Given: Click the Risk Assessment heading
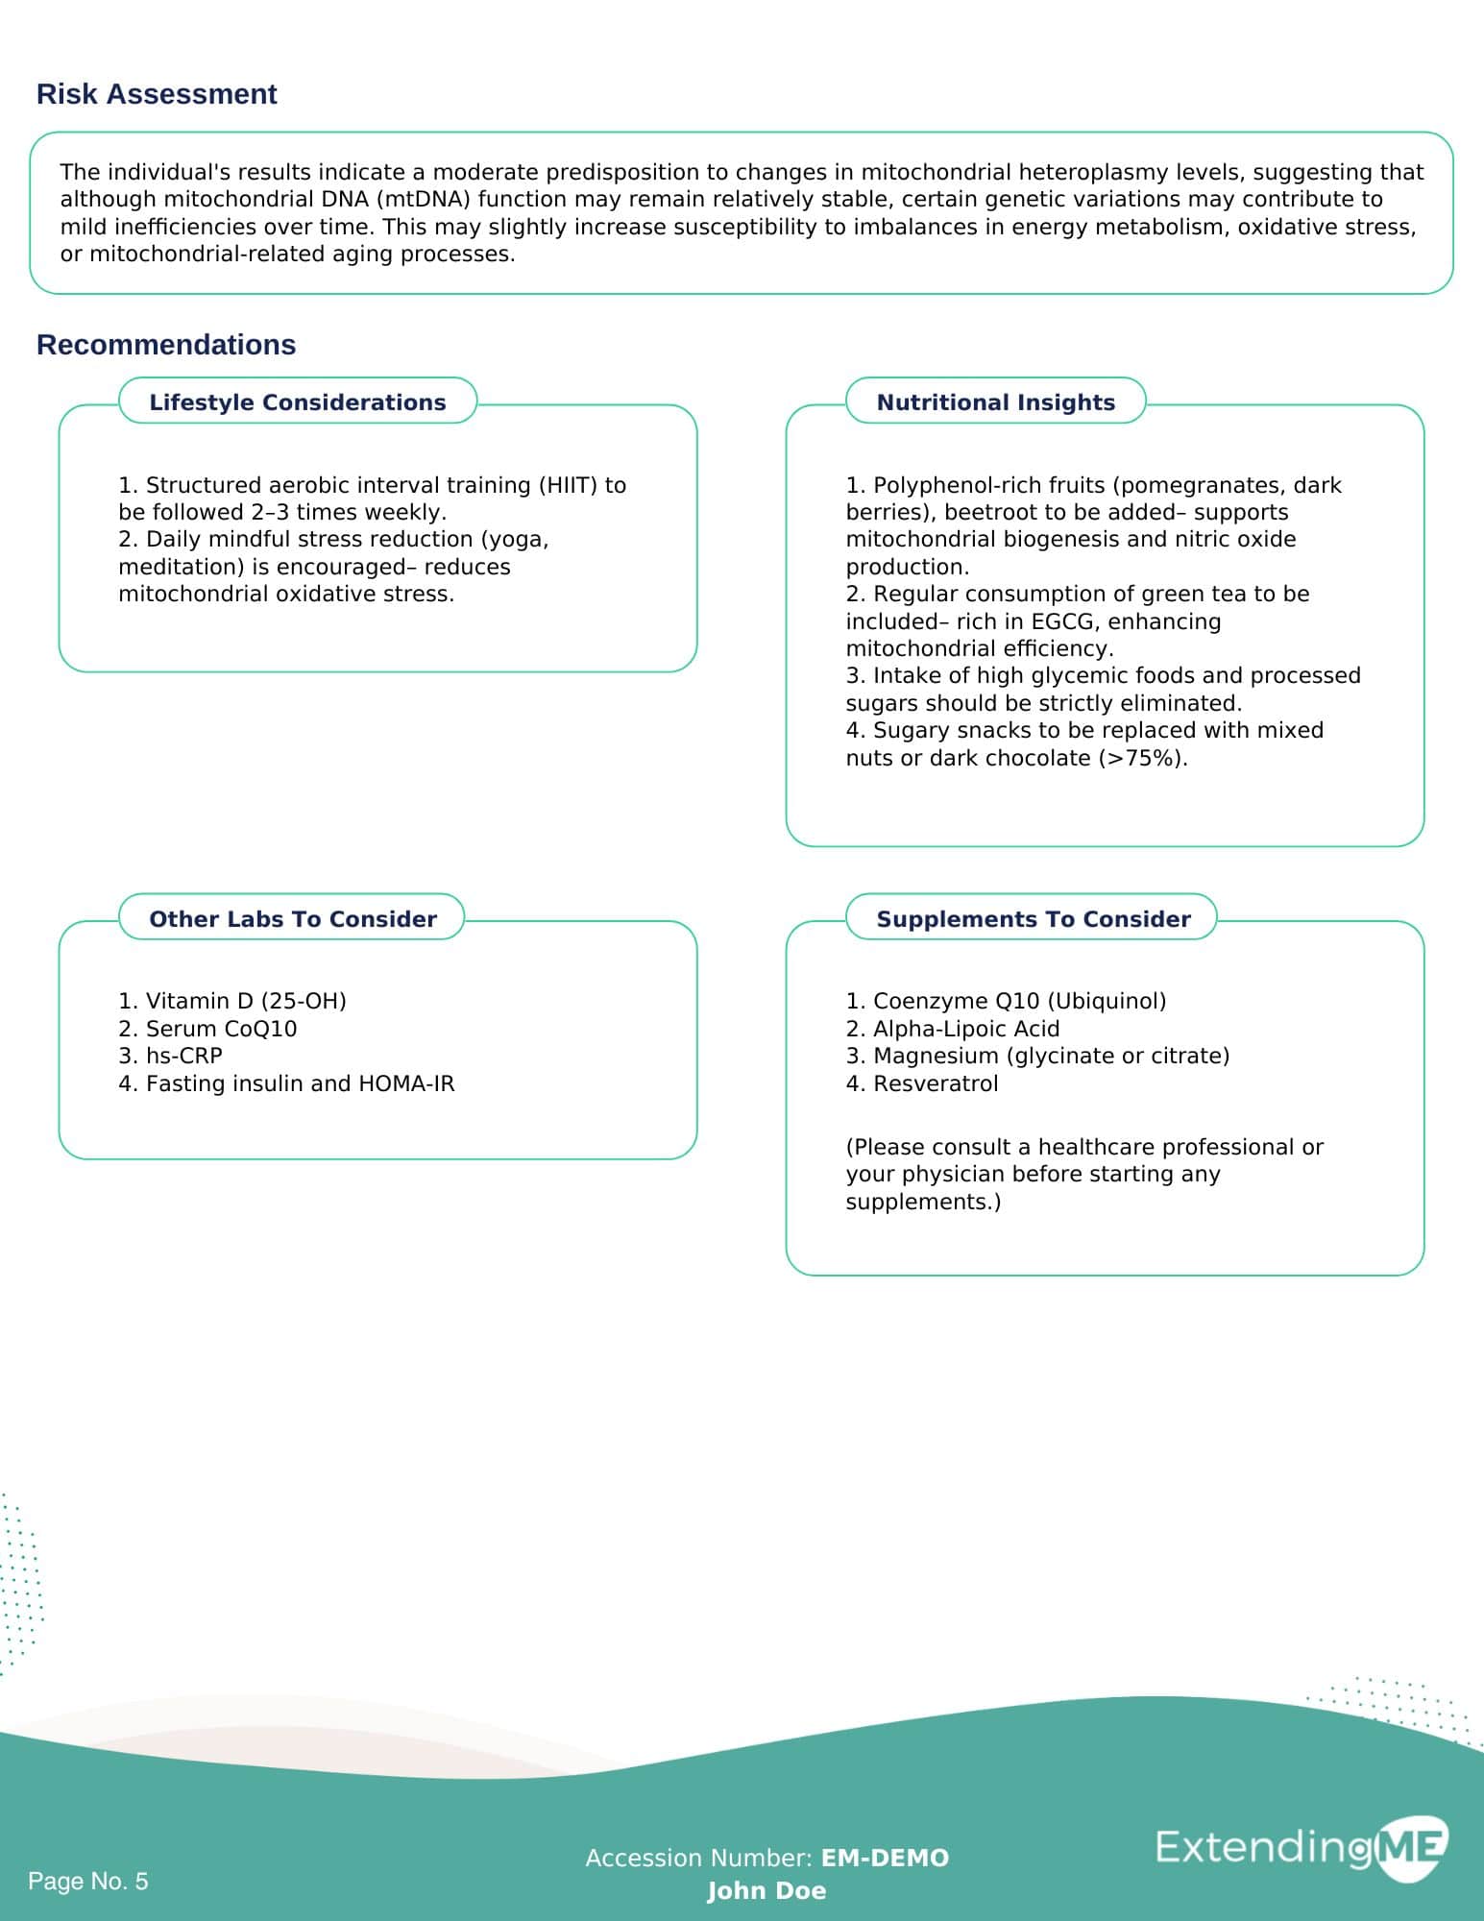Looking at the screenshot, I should [x=157, y=94].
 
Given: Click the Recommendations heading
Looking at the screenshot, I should [x=166, y=345].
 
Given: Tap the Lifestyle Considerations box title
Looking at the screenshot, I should [x=298, y=402].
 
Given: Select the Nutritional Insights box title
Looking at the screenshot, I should [x=995, y=402].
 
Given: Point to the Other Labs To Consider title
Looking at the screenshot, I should [x=293, y=919].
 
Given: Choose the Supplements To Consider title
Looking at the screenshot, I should [x=1034, y=919].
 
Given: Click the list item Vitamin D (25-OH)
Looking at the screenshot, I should [x=232, y=1001].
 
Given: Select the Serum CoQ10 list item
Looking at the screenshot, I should [x=207, y=1029].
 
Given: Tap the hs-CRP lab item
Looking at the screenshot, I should [x=171, y=1056].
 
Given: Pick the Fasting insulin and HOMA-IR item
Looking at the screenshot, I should [x=286, y=1083].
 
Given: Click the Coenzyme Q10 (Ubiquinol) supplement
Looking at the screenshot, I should [x=1006, y=1001].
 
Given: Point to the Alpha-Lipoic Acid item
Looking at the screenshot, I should [x=953, y=1029].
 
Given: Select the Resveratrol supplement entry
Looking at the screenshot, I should [x=922, y=1083].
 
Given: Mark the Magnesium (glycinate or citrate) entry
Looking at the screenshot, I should [x=1037, y=1056].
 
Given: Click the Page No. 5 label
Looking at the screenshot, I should [x=88, y=1881].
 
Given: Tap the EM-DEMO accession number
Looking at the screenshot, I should [x=885, y=1859].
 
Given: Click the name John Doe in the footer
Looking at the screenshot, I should [x=766, y=1891].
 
